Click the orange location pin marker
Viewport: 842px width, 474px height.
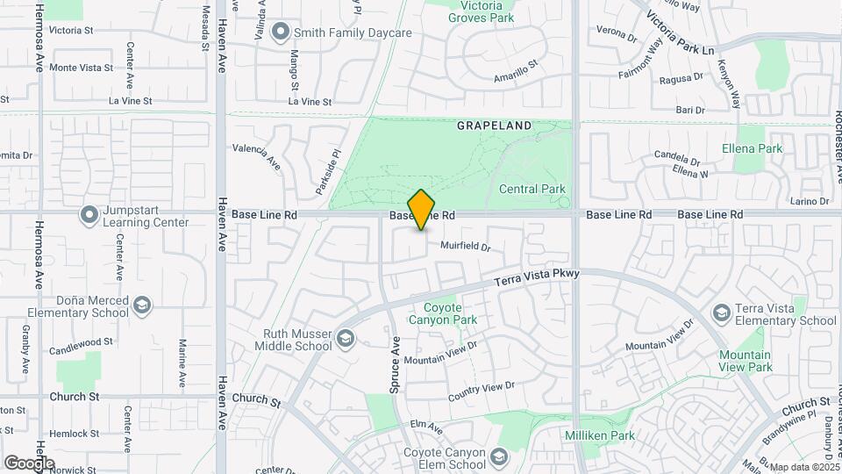[x=422, y=209]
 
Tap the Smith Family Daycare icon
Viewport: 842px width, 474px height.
[x=281, y=33]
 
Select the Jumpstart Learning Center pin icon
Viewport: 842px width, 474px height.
[x=89, y=215]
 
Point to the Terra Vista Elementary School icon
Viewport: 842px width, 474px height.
[x=721, y=313]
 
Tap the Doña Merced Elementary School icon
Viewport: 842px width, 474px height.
[x=142, y=305]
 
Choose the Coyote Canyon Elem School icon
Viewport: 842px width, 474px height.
[x=499, y=457]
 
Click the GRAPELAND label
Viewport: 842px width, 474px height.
[x=494, y=126]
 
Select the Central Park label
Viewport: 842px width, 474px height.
[x=532, y=189]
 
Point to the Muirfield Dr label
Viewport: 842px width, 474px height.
[x=465, y=247]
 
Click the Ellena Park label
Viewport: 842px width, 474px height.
[x=752, y=148]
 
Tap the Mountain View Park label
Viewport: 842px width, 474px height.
[x=745, y=361]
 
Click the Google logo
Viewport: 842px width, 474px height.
[x=29, y=463]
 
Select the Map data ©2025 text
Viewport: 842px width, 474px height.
[x=802, y=467]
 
